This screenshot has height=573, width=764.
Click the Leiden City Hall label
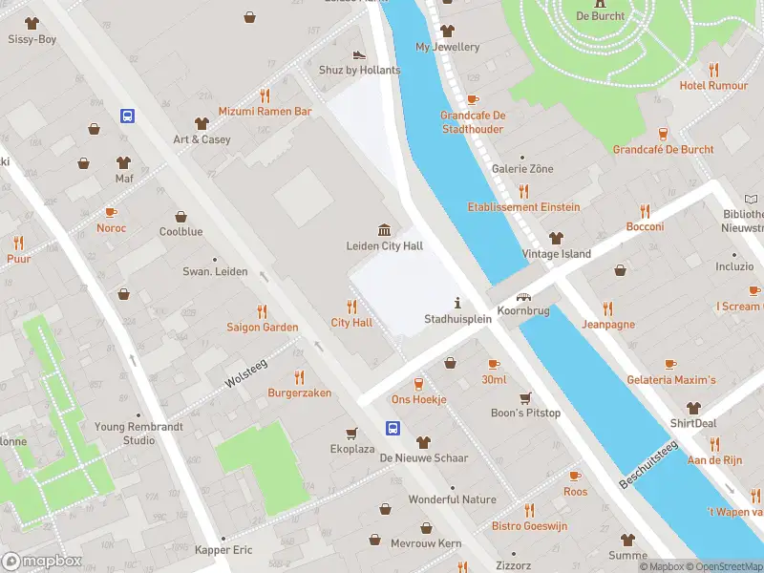pos(384,246)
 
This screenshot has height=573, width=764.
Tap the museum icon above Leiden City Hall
pos(384,229)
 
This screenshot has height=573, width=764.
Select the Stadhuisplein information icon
pos(457,303)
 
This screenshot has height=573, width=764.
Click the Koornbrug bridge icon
pos(523,298)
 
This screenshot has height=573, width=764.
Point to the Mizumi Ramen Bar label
pos(265,112)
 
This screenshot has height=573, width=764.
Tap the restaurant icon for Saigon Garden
pos(263,311)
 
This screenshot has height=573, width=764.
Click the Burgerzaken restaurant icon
pos(299,376)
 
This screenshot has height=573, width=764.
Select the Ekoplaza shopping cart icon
pos(351,432)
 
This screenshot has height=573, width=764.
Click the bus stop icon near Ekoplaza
pos(393,428)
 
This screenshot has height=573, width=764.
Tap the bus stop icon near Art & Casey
pos(127,117)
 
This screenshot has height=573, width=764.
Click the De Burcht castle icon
pos(600,3)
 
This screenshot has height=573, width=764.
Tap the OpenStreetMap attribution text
pos(722,566)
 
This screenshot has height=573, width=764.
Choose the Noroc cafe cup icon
pos(111,212)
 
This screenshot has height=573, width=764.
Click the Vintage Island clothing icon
pos(556,238)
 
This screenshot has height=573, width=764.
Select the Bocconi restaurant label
pos(645,227)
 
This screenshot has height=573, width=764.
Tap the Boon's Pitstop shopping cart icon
pos(525,397)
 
